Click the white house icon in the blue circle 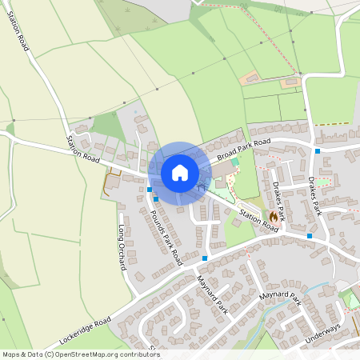click(179, 172)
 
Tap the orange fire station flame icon click(274, 216)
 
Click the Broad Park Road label click(243, 145)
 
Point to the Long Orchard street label click(123, 248)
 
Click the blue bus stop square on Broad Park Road click(318, 150)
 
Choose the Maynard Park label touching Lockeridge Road click(211, 294)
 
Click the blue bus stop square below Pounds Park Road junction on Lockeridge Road click(206, 258)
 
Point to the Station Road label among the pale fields click(18, 31)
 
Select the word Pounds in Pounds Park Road click(156, 219)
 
